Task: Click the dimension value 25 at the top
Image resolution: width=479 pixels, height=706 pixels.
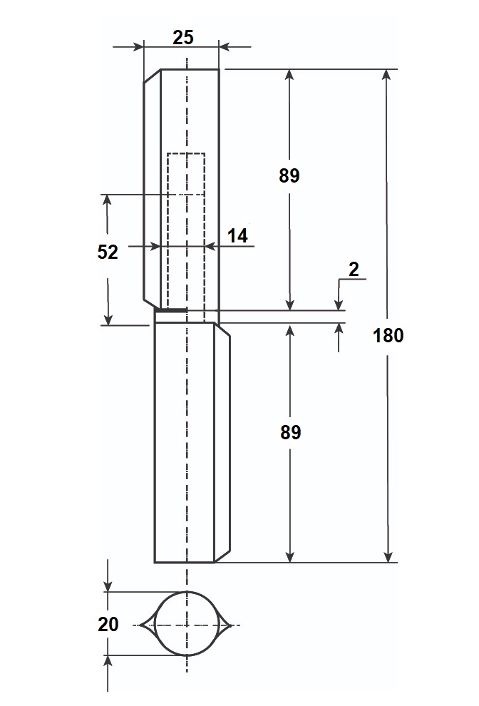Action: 182,37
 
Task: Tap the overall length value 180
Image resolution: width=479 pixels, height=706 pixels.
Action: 388,335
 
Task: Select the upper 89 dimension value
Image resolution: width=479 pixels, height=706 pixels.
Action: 289,175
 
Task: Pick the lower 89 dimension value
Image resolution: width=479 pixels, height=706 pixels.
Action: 290,432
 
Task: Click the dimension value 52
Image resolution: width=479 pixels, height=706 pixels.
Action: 108,252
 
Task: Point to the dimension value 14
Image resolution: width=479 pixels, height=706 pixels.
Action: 237,235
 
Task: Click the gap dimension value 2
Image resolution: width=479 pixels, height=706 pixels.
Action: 354,270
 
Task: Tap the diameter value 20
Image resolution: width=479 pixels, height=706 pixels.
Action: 108,624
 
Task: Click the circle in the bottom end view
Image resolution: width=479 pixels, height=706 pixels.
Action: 187,592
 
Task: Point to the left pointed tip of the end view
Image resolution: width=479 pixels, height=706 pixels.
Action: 140,625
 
